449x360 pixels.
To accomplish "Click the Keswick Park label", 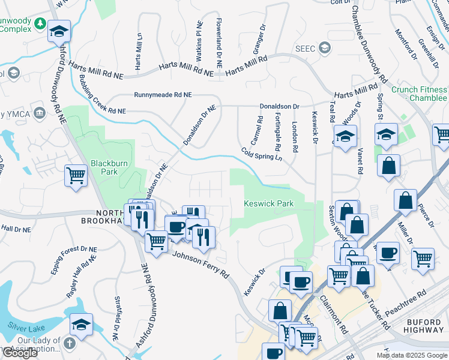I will tap(269, 204).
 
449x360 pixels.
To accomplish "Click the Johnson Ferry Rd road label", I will tap(200, 265).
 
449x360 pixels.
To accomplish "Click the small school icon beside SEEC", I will tap(325, 48).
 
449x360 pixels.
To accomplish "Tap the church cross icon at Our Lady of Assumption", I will tap(70, 344).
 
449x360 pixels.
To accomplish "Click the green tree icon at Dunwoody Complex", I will tap(40, 23).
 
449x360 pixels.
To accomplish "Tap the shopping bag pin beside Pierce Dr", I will tap(406, 200).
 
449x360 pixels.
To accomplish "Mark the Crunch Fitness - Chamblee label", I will tap(419, 94).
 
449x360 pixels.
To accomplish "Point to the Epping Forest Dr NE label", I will tap(74, 258).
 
